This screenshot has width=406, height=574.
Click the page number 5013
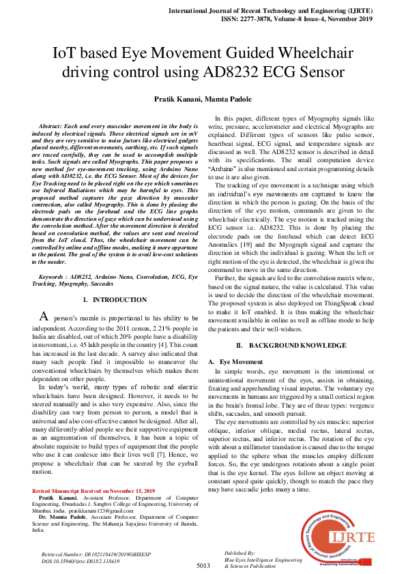(203, 566)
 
